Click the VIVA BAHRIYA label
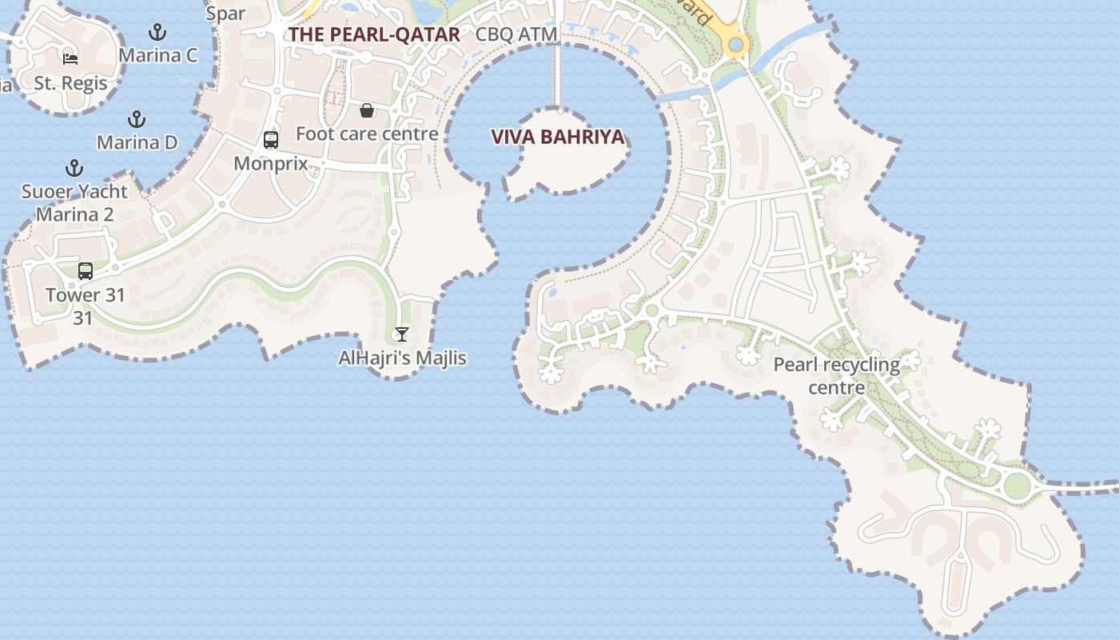557,137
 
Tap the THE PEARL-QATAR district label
374,34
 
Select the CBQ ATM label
516,34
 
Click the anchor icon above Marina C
157,33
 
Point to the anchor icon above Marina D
137,120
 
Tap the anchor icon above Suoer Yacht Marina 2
74,168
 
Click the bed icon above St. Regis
70,58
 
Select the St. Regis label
70,83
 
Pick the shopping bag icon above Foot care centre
367,110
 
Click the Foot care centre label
367,134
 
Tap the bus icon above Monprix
271,140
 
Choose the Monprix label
271,163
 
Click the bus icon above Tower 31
86,271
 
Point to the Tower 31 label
86,295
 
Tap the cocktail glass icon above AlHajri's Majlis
402,334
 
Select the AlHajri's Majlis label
402,358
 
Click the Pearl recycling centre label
836,376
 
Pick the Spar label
226,14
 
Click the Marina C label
157,56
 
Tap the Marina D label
137,142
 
